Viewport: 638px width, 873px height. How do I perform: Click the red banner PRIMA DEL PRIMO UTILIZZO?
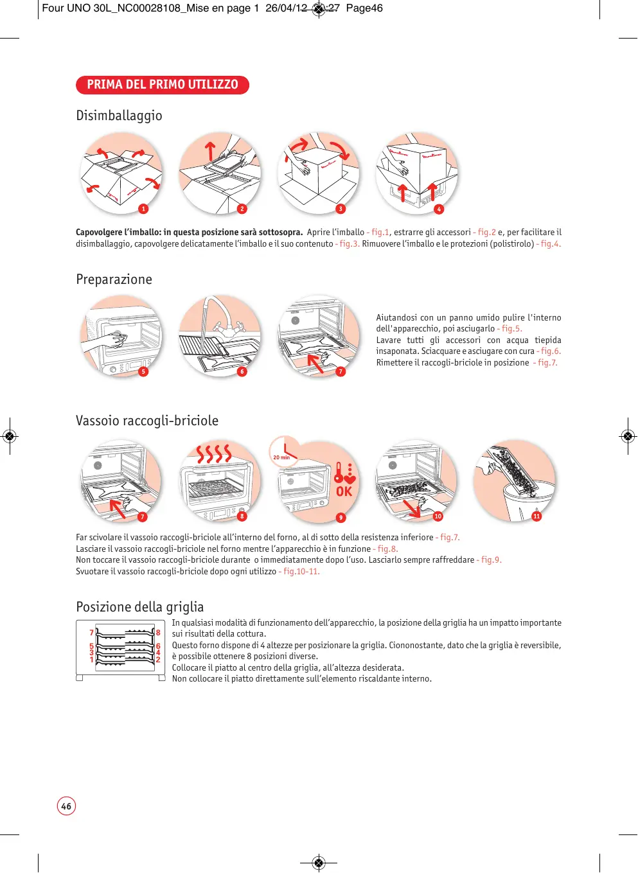[162, 85]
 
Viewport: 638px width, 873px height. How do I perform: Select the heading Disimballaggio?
[119, 116]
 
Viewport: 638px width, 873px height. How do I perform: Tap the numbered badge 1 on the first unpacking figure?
[143, 209]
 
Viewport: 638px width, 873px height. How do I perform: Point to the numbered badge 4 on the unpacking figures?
[439, 209]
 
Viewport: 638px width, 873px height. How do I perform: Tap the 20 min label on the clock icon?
[281, 457]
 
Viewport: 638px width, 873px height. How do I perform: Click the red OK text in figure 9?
[344, 491]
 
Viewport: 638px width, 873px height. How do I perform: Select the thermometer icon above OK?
[339, 472]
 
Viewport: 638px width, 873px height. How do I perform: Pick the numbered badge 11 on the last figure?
[536, 516]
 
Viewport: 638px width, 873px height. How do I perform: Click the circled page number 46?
[66, 806]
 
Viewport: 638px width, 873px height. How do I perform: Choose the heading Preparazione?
[114, 279]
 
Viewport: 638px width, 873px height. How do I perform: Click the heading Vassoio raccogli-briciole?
[147, 421]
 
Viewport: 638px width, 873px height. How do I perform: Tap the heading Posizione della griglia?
[139, 607]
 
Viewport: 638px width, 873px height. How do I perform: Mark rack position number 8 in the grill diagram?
[158, 633]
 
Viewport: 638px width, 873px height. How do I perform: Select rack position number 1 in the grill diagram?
[92, 660]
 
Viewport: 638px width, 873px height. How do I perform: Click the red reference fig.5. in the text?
[511, 329]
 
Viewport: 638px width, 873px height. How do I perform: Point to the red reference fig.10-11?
[301, 572]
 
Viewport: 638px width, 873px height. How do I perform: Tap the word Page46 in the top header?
[364, 8]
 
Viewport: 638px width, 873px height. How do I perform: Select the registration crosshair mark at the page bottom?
[319, 862]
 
